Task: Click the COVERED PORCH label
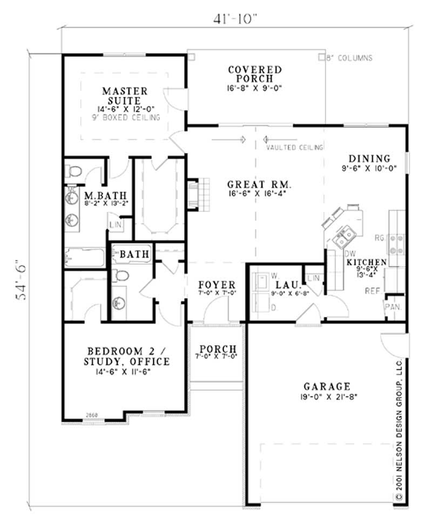254,74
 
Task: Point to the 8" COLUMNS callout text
349,58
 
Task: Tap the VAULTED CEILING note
295,147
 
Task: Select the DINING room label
369,158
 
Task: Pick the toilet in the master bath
74,172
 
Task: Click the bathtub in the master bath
84,257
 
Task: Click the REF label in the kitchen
373,290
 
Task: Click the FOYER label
217,285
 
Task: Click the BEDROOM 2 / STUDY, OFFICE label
125,356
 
